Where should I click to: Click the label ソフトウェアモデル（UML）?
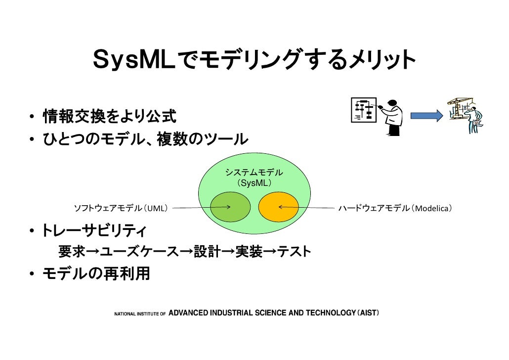pyautogui.click(x=121, y=208)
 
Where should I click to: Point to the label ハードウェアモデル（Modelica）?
pyautogui.click(x=394, y=208)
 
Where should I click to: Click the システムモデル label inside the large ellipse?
pyautogui.click(x=254, y=173)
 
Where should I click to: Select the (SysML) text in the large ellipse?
pyautogui.click(x=254, y=183)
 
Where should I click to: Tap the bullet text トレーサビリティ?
pyautogui.click(x=93, y=230)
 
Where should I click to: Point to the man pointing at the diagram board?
pyautogui.click(x=393, y=115)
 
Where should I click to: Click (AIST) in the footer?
pyautogui.click(x=367, y=313)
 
